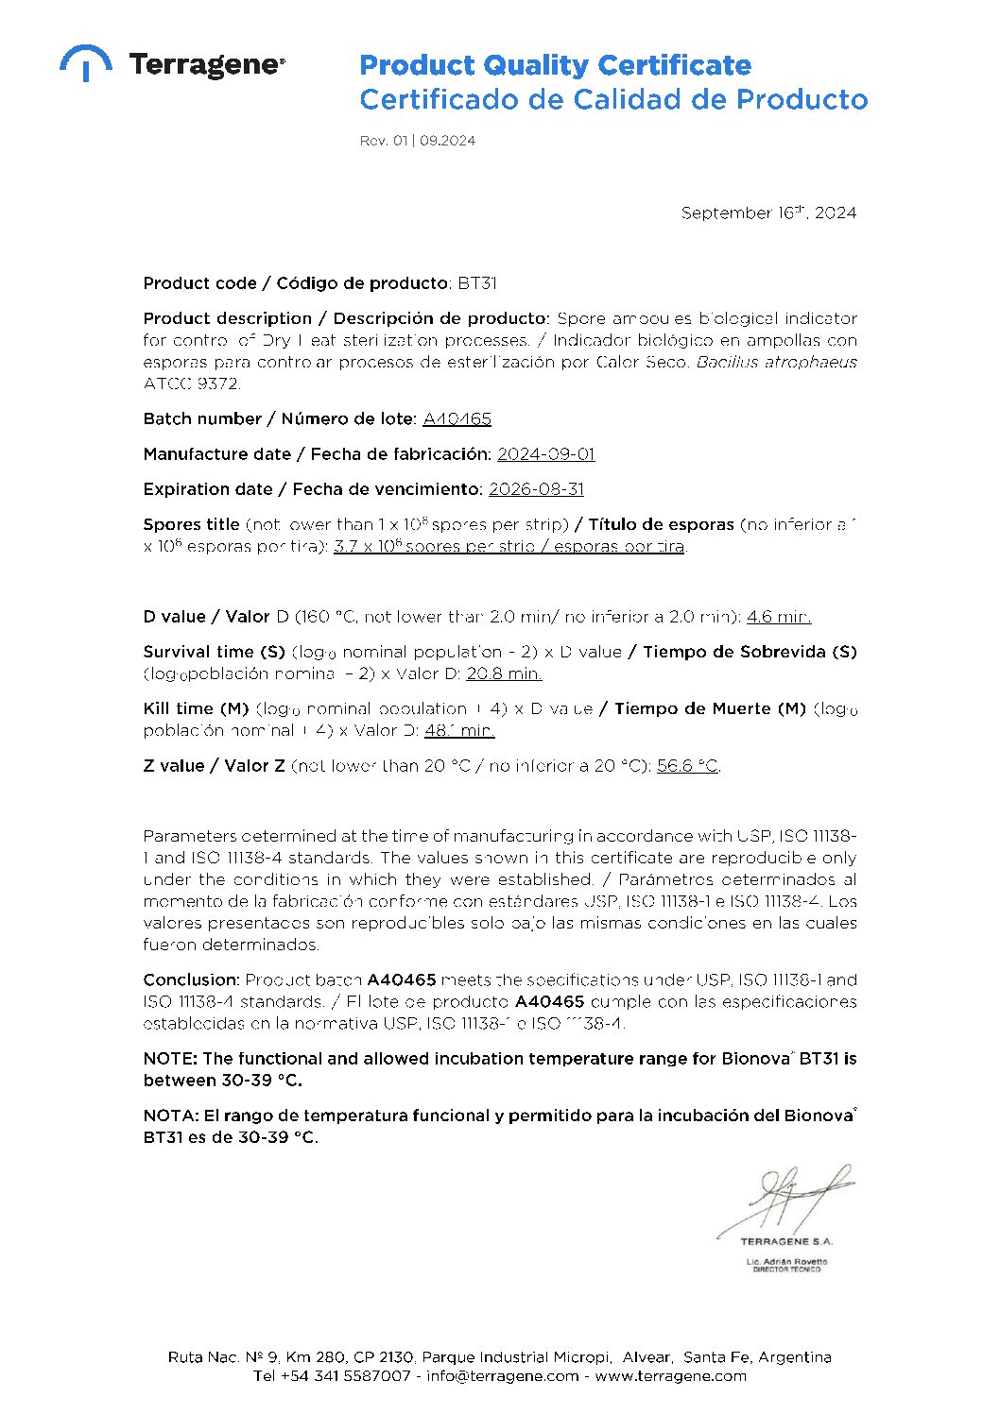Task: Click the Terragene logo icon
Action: tap(85, 61)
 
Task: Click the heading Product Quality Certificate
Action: tap(555, 65)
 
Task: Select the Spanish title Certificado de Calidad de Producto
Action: tap(613, 99)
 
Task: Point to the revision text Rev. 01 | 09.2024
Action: tap(417, 141)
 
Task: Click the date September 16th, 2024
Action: tap(768, 213)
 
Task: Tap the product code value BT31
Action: tap(477, 283)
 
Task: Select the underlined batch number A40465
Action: tap(457, 418)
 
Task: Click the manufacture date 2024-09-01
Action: tap(546, 454)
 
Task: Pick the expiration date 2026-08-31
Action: tap(536, 489)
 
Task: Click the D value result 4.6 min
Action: tap(779, 617)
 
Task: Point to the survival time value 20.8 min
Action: tap(504, 673)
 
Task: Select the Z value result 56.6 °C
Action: tap(687, 766)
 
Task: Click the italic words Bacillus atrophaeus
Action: tap(777, 362)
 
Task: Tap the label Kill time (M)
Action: tap(196, 708)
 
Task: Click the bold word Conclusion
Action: tap(191, 980)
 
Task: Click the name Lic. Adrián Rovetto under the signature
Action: tap(786, 1262)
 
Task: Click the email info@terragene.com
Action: tap(502, 1375)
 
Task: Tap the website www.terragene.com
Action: tap(670, 1375)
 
